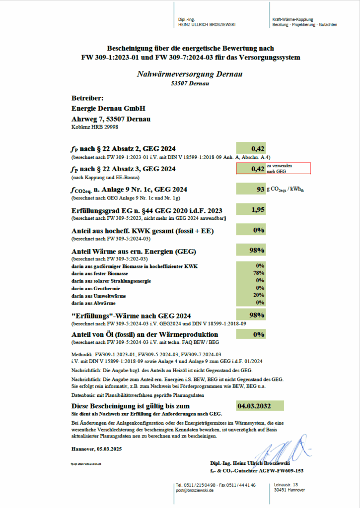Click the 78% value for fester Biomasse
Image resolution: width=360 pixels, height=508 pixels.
point(258,273)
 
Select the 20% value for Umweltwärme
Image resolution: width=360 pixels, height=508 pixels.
point(258,295)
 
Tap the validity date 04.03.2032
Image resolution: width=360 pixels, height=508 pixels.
point(254,407)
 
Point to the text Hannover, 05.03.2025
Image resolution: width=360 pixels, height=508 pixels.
point(96,448)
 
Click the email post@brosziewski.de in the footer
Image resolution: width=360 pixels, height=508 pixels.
point(195,490)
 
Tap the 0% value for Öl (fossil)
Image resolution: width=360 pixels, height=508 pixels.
point(258,334)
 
